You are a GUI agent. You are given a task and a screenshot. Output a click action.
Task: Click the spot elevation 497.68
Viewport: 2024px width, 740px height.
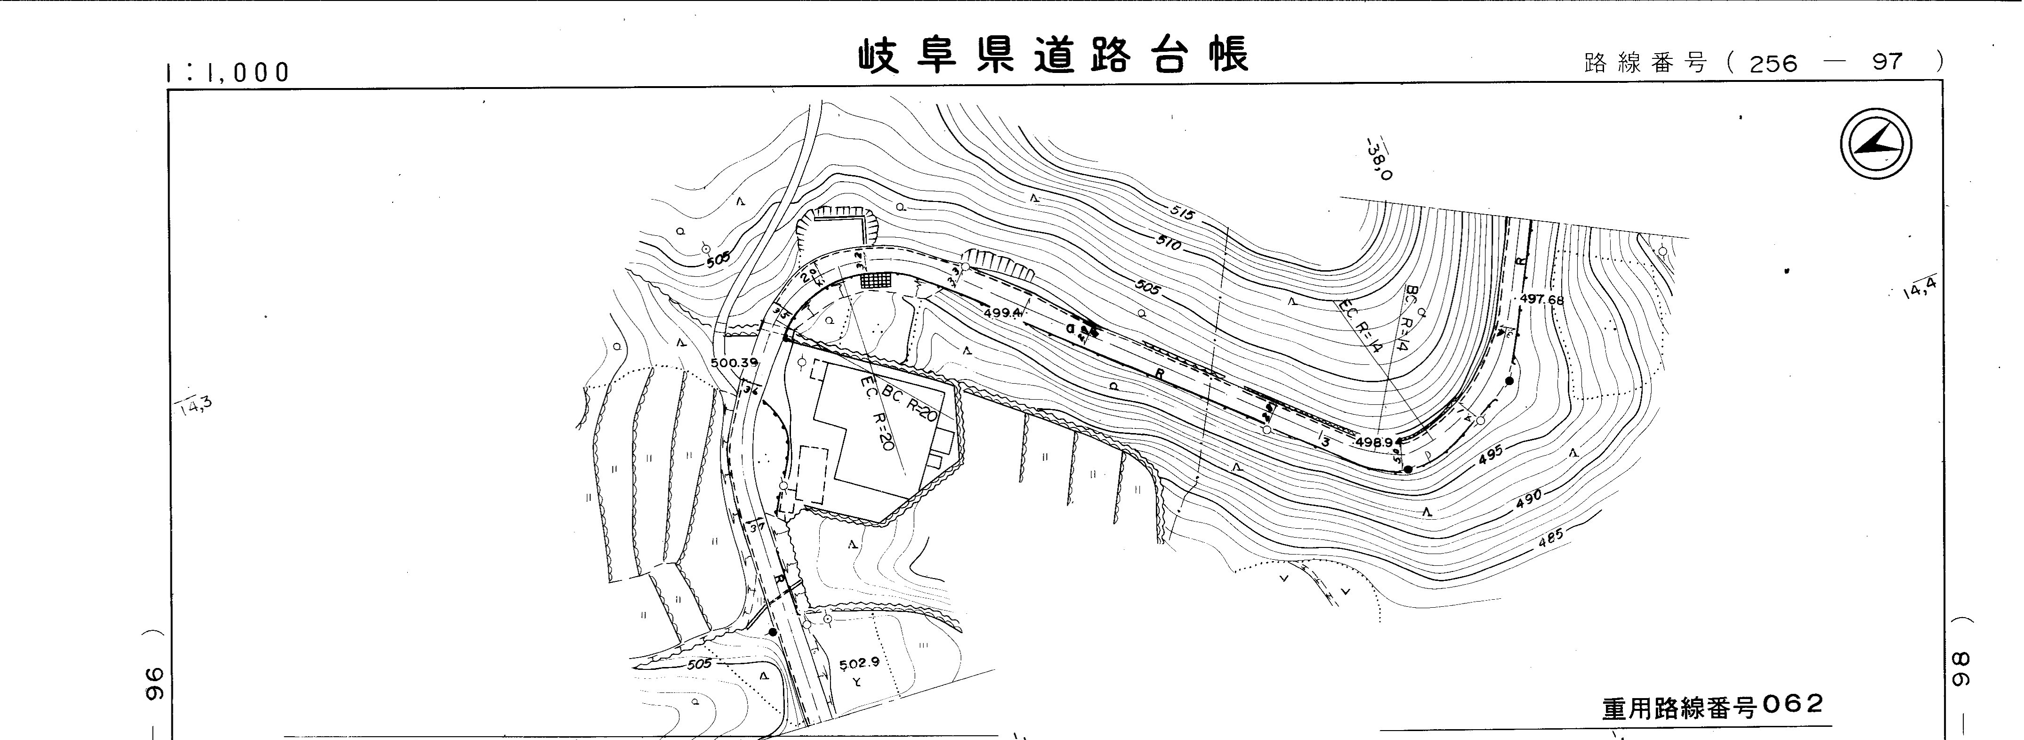coord(1541,299)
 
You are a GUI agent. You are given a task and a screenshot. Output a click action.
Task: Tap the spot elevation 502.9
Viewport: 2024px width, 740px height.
coord(859,664)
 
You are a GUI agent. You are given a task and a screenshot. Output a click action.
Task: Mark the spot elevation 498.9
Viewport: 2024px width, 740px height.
coord(1373,442)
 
